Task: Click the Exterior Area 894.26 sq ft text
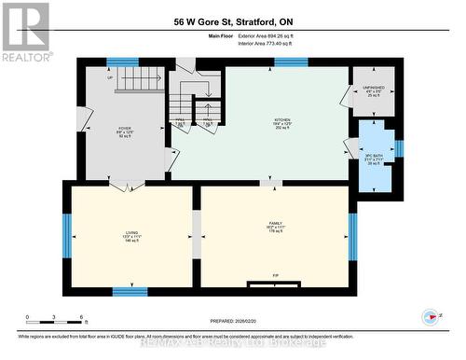pos(279,36)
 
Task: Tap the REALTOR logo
pos(25,32)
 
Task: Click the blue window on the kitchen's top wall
pos(291,62)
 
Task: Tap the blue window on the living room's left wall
pos(66,234)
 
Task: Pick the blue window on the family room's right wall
pos(352,234)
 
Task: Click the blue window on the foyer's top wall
pos(122,62)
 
